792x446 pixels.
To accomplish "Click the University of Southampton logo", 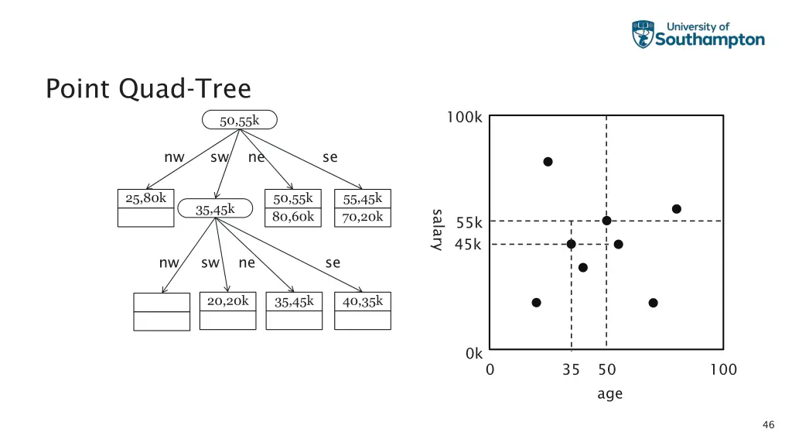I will [698, 35].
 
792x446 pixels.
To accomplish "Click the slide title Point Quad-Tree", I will [148, 88].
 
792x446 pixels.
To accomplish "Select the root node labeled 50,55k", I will [239, 120].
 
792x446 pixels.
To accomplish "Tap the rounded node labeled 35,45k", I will [215, 209].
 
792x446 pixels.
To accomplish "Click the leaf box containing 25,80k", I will [145, 207].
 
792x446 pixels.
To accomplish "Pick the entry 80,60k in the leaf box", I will [293, 217].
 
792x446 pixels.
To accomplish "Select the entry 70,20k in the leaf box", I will [363, 217].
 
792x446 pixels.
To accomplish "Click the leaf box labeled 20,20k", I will [227, 310].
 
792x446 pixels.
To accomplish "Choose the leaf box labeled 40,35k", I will [363, 310].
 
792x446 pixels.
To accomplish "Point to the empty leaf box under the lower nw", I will [162, 311].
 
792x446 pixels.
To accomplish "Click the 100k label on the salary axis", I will [464, 118].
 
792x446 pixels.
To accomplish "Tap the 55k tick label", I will [469, 223].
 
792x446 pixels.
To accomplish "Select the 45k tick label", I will [469, 245].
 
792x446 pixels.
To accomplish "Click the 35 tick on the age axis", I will [571, 370].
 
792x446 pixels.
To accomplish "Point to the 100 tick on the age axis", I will [723, 370].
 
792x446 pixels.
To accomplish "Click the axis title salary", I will [437, 229].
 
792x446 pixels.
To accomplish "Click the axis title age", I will [609, 393].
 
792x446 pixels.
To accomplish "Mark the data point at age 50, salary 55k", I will [606, 221].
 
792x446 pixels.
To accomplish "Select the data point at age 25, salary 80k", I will [548, 162].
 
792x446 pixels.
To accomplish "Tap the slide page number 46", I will [768, 424].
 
